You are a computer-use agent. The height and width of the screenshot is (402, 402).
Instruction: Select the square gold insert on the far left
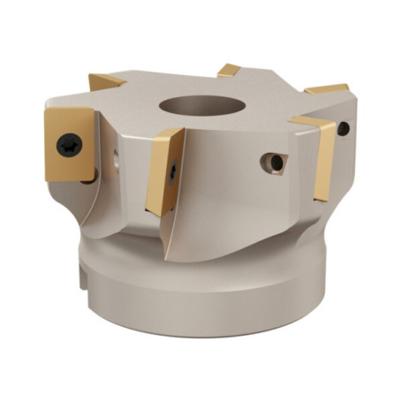tap(71, 142)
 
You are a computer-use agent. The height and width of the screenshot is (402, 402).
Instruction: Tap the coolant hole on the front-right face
tap(276, 163)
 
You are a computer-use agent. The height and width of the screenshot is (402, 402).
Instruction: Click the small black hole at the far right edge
tap(343, 129)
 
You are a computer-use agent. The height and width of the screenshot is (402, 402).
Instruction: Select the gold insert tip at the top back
tap(230, 70)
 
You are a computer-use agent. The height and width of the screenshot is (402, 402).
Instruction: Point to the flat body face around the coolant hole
tap(252, 177)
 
